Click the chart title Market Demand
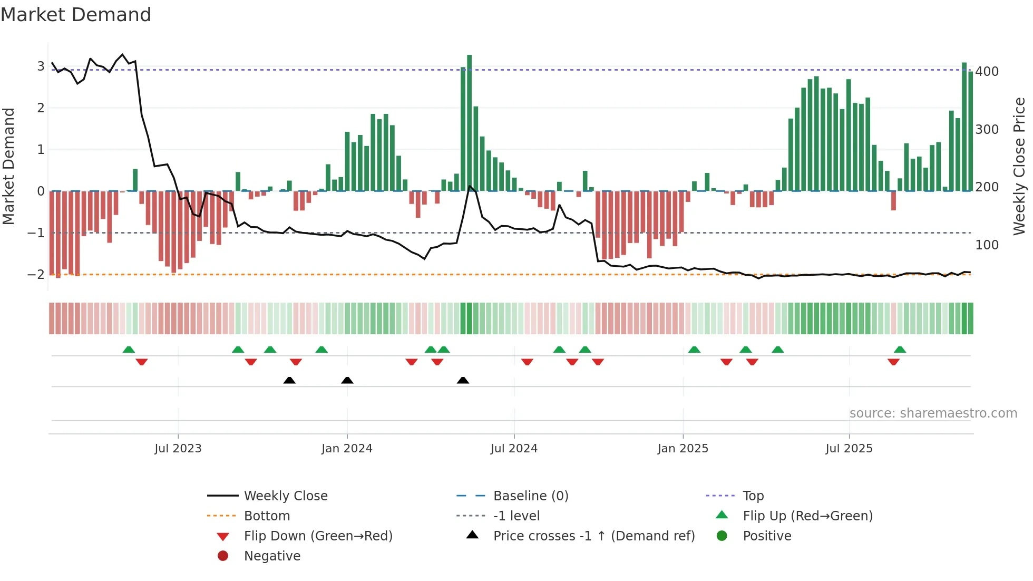pos(76,15)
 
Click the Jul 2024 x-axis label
pos(514,449)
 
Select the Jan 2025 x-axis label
pos(683,449)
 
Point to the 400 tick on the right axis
pos(987,72)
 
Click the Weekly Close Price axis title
pos(1019,166)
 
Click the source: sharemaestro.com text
pos(933,413)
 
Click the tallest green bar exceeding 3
pos(469,121)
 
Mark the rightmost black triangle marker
pos(463,380)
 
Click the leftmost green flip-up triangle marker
pos(129,350)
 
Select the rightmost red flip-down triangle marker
pos(893,362)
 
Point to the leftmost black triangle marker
pos(289,380)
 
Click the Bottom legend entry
pos(267,516)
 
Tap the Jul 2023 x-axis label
pos(178,449)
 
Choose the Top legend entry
pos(753,496)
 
